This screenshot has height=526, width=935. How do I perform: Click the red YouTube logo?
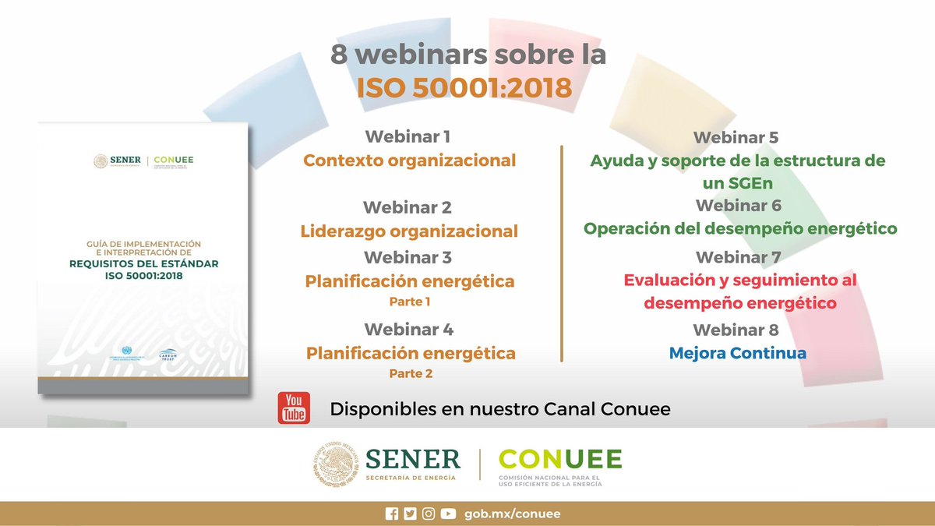pos(294,408)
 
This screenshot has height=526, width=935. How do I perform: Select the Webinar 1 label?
pos(408,136)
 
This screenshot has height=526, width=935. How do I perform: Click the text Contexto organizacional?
pos(410,161)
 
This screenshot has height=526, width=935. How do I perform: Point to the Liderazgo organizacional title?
pos(409,231)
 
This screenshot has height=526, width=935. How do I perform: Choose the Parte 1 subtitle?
pos(410,301)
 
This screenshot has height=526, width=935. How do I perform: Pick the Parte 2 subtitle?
pos(411,373)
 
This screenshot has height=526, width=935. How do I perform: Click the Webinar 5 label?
pos(736,138)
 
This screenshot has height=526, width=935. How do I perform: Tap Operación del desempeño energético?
pos(740,229)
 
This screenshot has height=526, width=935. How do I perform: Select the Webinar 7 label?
pos(738,256)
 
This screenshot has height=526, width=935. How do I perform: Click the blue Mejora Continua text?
pos(738,353)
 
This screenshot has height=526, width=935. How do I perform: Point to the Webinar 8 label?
pos(736,330)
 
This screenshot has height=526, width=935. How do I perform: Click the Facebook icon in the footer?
pos(392,514)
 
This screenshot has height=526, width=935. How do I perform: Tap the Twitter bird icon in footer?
pos(410,514)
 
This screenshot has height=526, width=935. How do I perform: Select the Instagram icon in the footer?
pos(429,514)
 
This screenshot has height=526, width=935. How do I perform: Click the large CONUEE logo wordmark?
pos(560,459)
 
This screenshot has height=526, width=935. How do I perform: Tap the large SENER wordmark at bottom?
pos(411,458)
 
